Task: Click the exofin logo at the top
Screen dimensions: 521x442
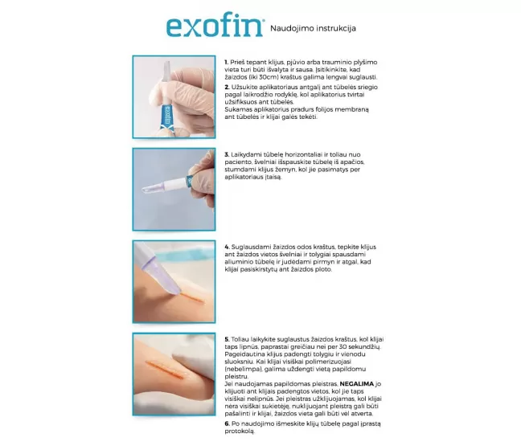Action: pos(215,27)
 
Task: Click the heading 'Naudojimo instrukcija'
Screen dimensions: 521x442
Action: pos(313,28)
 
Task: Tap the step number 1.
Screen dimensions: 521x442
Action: pos(226,62)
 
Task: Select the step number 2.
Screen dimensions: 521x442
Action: pos(227,87)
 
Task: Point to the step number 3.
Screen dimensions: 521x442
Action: pos(227,154)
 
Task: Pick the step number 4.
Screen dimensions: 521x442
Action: pos(227,247)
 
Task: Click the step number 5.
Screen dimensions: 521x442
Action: pos(227,339)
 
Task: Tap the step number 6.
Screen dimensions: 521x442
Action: pos(227,424)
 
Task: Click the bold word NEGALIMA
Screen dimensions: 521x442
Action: pos(356,384)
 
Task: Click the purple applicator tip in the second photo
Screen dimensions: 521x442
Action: pos(152,188)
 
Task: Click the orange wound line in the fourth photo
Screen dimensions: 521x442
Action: pos(166,369)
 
